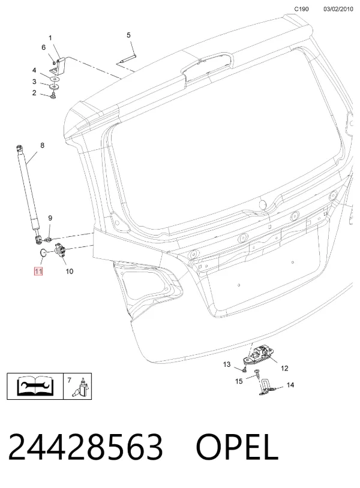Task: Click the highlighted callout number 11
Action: point(38,272)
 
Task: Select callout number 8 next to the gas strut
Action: point(43,145)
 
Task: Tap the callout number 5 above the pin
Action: point(128,35)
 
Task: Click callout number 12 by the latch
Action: point(284,368)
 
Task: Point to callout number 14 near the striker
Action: point(290,385)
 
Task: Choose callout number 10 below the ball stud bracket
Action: point(69,272)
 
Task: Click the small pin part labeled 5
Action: point(128,59)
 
